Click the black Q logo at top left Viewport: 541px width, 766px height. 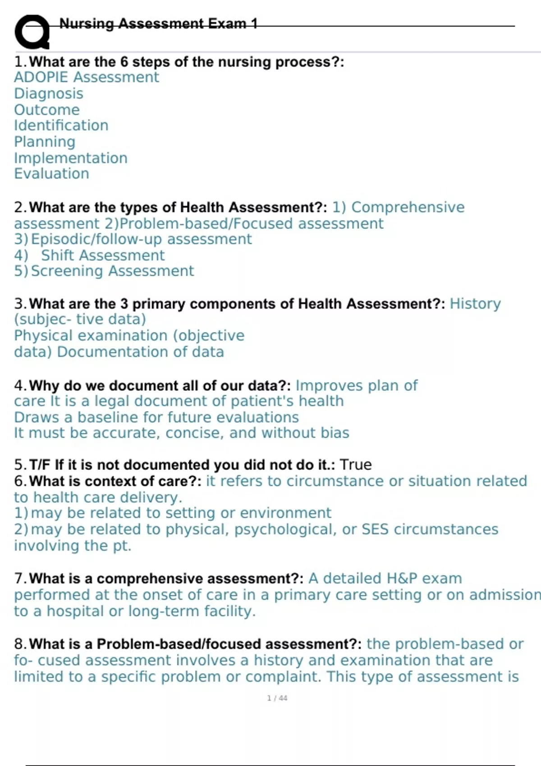coord(32,32)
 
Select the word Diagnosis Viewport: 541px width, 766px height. coord(49,94)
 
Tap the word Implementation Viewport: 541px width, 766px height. coord(71,158)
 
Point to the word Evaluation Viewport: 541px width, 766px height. coord(51,174)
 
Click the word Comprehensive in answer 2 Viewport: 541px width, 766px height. coord(408,207)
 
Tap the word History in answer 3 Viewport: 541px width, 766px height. coord(475,304)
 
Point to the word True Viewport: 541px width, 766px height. coord(356,465)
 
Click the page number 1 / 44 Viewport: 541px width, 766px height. coord(277,698)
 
